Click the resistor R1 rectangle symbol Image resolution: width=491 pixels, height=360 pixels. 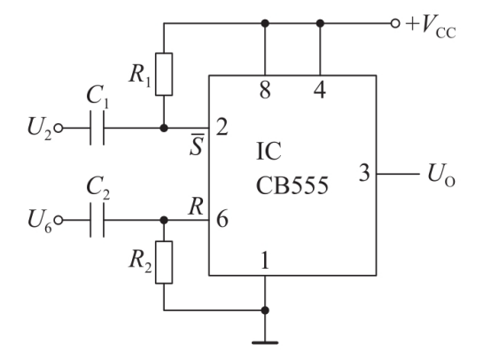click(x=164, y=74)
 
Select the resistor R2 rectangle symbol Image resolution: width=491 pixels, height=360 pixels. click(x=164, y=262)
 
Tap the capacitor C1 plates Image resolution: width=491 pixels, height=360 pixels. click(x=97, y=128)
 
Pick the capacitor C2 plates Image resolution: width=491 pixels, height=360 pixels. click(x=97, y=220)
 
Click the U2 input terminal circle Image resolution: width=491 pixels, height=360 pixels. click(x=58, y=128)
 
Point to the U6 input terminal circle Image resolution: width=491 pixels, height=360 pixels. click(x=58, y=220)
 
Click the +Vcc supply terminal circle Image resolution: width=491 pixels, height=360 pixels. click(x=395, y=23)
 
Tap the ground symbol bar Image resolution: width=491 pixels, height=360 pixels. click(x=265, y=343)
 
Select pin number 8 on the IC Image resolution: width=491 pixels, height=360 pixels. click(x=265, y=90)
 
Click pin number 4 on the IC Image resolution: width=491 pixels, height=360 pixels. click(x=320, y=90)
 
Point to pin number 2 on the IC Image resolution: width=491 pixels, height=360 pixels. click(x=222, y=127)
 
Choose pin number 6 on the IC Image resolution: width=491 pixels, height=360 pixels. click(x=222, y=219)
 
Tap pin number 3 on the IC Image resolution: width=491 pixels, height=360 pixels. click(x=364, y=173)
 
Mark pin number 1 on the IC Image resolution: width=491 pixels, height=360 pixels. click(x=265, y=261)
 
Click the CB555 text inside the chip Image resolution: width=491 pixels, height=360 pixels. click(x=292, y=186)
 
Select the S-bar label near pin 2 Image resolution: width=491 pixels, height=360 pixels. click(x=197, y=145)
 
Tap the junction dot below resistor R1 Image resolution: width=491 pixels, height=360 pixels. click(x=164, y=128)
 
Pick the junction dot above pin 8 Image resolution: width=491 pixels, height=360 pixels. click(x=265, y=23)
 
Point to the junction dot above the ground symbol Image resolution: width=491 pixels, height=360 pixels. click(x=265, y=310)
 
